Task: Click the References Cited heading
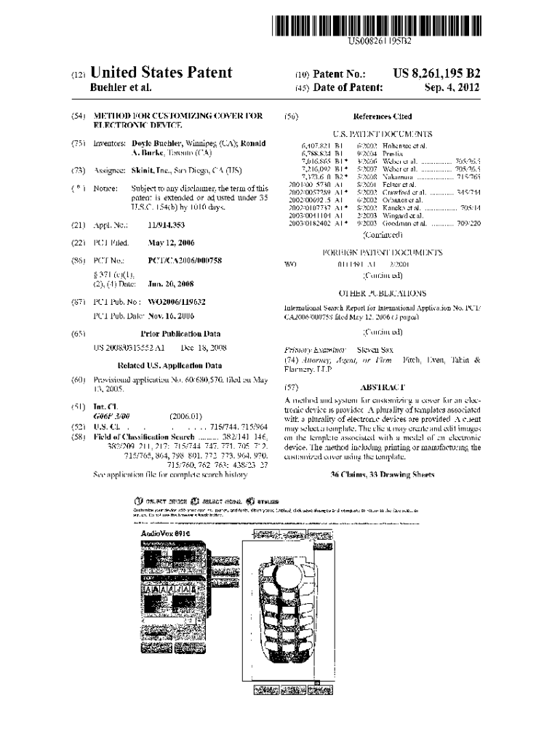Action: coord(382,116)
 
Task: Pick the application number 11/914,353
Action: coord(167,226)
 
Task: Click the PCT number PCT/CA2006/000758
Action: coord(185,260)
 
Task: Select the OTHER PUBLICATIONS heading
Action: coord(382,294)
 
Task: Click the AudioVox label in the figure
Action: coord(166,533)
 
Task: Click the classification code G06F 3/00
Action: coord(111,415)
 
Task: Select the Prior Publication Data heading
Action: coord(180,334)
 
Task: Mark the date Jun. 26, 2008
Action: coord(171,284)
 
